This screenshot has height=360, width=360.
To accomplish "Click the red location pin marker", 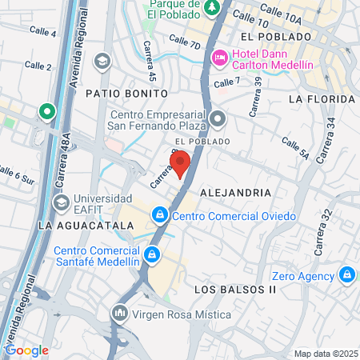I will [x=180, y=162].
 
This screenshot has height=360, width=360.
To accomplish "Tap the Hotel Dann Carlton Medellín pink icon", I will [x=220, y=55].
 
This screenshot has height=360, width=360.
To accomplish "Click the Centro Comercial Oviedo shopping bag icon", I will [x=161, y=215].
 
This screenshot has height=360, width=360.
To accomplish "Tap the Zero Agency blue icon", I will [x=347, y=275].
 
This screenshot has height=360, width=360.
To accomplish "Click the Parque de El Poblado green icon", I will [x=213, y=8].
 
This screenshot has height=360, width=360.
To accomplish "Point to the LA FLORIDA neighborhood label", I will [x=322, y=99].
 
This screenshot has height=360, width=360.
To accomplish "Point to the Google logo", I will [x=26, y=350].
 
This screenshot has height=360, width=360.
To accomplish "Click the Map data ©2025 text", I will [x=326, y=354].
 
